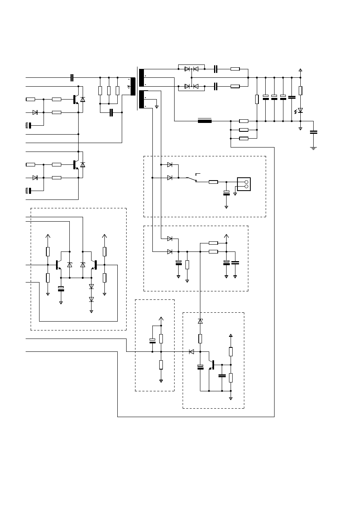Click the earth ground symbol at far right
313,148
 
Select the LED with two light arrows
300,110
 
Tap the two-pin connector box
244,184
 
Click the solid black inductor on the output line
205,120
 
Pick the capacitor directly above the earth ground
313,132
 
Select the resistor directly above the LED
300,90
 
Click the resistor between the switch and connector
213,182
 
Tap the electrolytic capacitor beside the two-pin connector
226,193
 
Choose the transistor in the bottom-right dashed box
212,365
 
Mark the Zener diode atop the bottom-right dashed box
200,321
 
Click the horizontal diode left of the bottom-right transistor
191,352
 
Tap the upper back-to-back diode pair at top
191,69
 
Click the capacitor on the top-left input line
72,77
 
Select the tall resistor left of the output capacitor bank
257,99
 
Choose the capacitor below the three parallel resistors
112,112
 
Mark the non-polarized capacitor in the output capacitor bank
292,97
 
